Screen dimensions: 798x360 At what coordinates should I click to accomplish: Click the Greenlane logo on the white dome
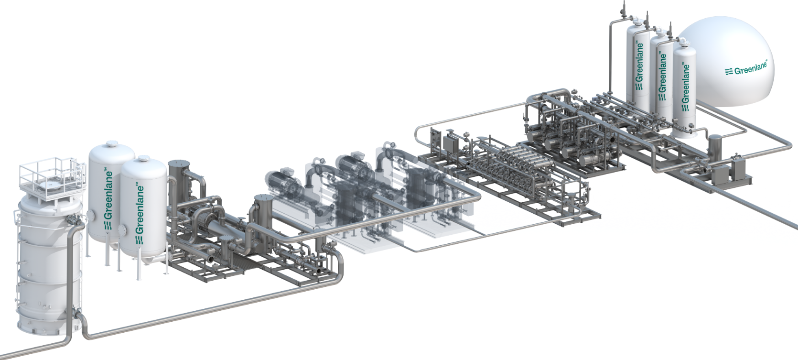[746, 68]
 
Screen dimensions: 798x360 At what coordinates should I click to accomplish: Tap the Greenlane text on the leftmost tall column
[639, 66]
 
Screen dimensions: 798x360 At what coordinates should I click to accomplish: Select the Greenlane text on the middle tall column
[663, 76]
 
